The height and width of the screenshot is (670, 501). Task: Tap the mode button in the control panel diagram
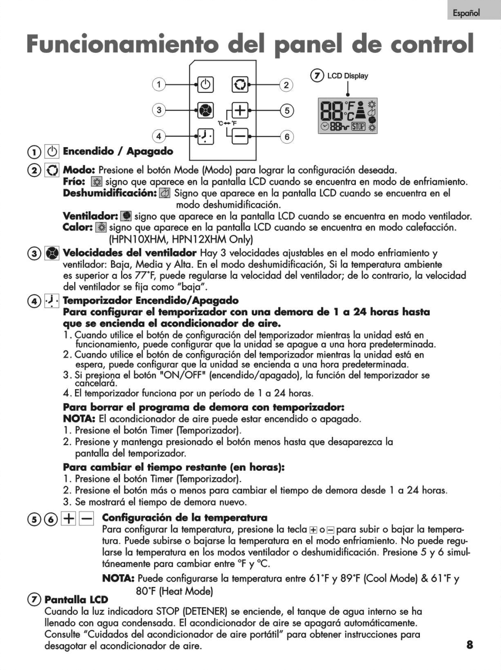click(240, 85)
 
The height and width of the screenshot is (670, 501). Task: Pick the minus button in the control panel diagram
click(240, 136)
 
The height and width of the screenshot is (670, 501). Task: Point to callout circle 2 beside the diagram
click(286, 85)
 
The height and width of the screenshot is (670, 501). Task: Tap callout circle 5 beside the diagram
click(287, 110)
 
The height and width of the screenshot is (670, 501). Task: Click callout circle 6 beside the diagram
click(287, 137)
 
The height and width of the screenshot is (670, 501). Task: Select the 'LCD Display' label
click(347, 76)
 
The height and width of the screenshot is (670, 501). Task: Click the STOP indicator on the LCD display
click(358, 126)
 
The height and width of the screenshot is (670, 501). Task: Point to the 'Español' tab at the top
click(467, 13)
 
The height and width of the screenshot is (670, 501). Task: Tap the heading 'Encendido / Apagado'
click(118, 151)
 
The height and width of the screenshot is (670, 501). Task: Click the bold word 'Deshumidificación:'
click(109, 193)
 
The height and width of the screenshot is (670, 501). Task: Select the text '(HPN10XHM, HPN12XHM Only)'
click(181, 240)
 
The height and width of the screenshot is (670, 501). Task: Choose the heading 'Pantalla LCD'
click(76, 599)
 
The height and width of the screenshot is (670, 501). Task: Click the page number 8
click(470, 644)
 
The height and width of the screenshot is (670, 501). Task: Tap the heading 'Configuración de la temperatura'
click(185, 518)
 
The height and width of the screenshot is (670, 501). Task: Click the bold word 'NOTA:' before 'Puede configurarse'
click(118, 579)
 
